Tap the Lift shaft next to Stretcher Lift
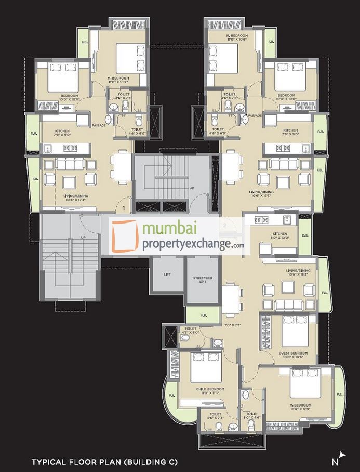166,276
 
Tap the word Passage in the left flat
99,125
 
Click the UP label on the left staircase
83,237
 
